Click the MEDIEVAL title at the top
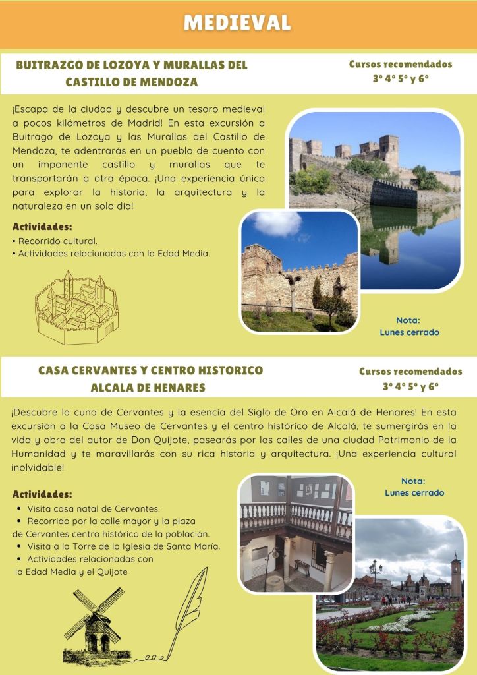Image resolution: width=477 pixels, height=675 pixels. tap(237, 23)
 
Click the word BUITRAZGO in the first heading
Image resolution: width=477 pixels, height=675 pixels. tap(53, 65)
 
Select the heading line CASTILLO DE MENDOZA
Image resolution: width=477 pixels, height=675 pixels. tap(132, 82)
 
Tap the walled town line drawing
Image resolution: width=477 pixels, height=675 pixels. tap(76, 307)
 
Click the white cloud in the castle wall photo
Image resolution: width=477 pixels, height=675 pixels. tap(277, 223)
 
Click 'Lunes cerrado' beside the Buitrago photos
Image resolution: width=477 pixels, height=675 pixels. tap(409, 332)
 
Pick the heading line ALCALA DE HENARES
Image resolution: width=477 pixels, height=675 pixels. tap(148, 387)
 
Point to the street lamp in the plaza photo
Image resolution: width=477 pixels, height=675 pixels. tap(376, 573)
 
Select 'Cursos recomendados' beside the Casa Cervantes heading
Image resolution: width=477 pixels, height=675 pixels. tap(410, 372)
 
